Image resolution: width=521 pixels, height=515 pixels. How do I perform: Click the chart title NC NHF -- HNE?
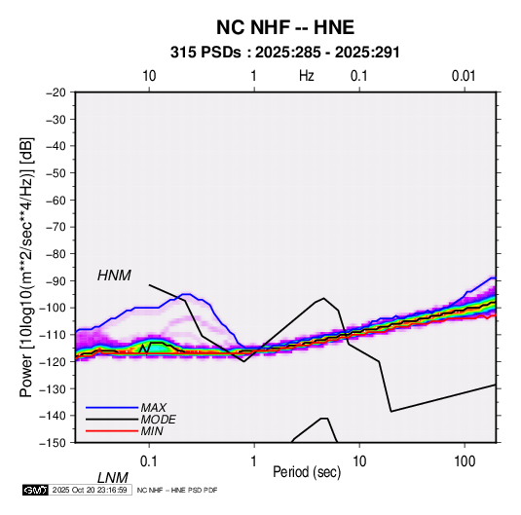pyautogui.click(x=285, y=27)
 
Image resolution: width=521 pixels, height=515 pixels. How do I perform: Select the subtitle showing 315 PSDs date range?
pyautogui.click(x=284, y=53)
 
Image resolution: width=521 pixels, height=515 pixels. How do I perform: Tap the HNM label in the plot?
pyautogui.click(x=114, y=276)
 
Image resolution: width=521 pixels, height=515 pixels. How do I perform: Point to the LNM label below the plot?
pyautogui.click(x=112, y=478)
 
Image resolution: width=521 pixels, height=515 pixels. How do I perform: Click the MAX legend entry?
pyautogui.click(x=153, y=408)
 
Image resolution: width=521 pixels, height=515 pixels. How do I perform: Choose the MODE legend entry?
pyautogui.click(x=158, y=420)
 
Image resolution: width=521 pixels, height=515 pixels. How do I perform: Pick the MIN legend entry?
pyautogui.click(x=152, y=431)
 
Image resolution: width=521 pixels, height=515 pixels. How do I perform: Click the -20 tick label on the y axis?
pyautogui.click(x=56, y=92)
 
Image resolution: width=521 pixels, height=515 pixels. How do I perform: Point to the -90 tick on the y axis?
pyautogui.click(x=56, y=280)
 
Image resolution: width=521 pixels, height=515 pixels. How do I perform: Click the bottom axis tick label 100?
pyautogui.click(x=465, y=461)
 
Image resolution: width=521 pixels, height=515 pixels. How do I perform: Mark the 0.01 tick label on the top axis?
pyautogui.click(x=464, y=76)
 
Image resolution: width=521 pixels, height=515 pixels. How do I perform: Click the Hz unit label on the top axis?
pyautogui.click(x=307, y=76)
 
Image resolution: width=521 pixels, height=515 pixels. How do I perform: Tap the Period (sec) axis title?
pyautogui.click(x=307, y=472)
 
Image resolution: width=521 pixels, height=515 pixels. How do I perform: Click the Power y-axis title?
pyautogui.click(x=26, y=267)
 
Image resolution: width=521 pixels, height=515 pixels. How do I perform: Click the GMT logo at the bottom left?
pyautogui.click(x=36, y=490)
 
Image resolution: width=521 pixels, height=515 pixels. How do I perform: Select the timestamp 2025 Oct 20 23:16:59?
pyautogui.click(x=90, y=490)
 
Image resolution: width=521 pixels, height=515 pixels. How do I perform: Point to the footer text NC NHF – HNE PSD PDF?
pyautogui.click(x=177, y=490)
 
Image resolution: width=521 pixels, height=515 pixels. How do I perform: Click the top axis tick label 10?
pyautogui.click(x=149, y=76)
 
